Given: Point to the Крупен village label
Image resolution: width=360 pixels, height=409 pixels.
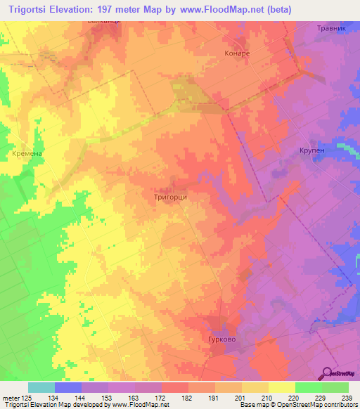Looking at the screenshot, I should click(310, 150).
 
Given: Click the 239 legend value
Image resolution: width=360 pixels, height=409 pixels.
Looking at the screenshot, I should click(347, 398).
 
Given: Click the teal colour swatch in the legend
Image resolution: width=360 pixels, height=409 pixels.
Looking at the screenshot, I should click(41, 387).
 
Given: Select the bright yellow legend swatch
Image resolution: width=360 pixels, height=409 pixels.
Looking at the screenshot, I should click(282, 387).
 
